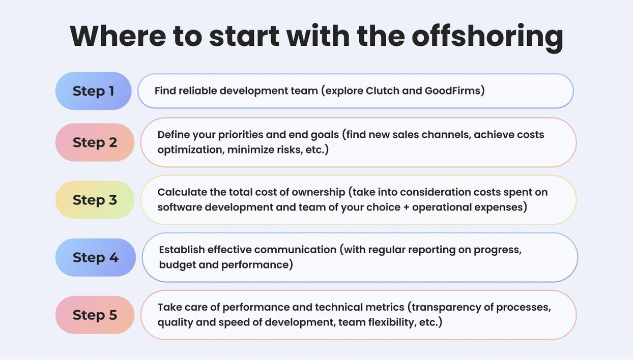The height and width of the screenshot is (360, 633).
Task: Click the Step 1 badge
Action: [94, 91]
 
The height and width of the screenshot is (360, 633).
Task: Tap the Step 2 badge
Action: [95, 142]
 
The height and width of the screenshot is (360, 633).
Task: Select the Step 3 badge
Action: [95, 200]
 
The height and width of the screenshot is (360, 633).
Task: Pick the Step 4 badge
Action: [96, 257]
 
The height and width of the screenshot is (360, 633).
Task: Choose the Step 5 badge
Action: [95, 315]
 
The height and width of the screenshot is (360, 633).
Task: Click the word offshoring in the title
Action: [487, 37]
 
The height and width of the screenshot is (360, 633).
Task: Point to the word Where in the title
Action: [118, 36]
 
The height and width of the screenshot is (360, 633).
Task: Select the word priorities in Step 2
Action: [241, 135]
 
